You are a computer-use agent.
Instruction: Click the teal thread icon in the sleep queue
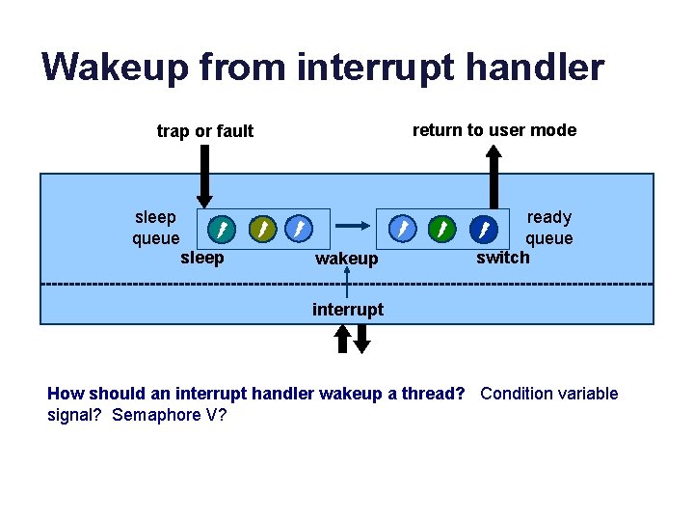pos(222,229)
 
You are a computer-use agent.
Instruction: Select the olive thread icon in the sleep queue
pos(261,229)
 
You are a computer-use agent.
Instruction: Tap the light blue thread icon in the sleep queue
pos(299,229)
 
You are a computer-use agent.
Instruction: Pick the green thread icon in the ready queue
pos(441,229)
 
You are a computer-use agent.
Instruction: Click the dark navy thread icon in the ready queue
pos(484,229)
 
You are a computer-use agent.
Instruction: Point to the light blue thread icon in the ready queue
pos(402,229)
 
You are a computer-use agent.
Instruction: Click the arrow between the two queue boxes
pos(353,225)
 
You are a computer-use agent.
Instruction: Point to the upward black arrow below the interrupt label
pos(342,338)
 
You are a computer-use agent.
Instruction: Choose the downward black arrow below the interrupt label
pos(361,338)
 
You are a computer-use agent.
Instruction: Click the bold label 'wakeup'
pos(347,259)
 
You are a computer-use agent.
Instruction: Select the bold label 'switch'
pos(503,257)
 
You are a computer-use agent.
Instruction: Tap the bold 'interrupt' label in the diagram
pos(348,309)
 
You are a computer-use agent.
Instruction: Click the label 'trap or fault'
pos(205,131)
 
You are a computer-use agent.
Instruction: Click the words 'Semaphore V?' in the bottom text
pos(170,415)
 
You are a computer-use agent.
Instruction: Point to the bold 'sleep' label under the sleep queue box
pos(202,258)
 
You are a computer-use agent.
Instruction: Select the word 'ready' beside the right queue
pos(548,217)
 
